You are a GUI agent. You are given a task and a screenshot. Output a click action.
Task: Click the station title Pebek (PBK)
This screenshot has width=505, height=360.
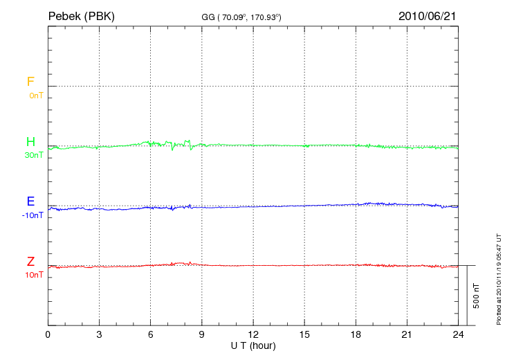[x=81, y=15]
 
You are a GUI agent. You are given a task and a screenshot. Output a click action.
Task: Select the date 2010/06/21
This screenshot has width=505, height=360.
[x=428, y=15]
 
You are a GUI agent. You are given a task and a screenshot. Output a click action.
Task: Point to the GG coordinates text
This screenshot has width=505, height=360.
[x=241, y=17]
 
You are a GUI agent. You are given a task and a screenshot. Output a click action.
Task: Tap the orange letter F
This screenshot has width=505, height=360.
[x=30, y=82]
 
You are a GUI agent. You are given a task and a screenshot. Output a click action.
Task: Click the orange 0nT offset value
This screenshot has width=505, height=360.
[x=35, y=95]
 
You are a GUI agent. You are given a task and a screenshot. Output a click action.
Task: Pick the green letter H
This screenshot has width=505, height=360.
[x=30, y=142]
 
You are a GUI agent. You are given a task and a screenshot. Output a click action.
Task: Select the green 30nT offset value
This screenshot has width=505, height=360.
[x=33, y=155]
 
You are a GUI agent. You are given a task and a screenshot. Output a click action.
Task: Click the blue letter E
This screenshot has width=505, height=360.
[x=30, y=201]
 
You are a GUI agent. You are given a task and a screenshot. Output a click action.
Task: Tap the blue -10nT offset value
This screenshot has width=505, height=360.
[x=33, y=215]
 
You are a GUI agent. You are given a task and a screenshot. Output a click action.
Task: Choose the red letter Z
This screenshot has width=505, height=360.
[x=30, y=261]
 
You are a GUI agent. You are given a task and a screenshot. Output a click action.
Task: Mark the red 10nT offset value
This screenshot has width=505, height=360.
[x=33, y=275]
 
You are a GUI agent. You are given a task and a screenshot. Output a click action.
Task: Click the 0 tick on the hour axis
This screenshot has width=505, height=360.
[x=48, y=334]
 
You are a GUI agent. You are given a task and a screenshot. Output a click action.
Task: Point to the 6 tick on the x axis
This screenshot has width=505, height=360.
[x=150, y=334]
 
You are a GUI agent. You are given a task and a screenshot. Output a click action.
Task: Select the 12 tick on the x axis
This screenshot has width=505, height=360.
[x=253, y=334]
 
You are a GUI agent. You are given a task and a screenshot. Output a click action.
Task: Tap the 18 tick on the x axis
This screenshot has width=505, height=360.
[x=356, y=334]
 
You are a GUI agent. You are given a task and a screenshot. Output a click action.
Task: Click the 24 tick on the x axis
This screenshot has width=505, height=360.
[x=458, y=334]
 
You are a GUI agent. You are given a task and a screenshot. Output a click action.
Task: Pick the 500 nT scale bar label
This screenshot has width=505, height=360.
[x=476, y=296]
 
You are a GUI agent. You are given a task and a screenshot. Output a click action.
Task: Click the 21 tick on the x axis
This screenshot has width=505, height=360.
[x=407, y=334]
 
